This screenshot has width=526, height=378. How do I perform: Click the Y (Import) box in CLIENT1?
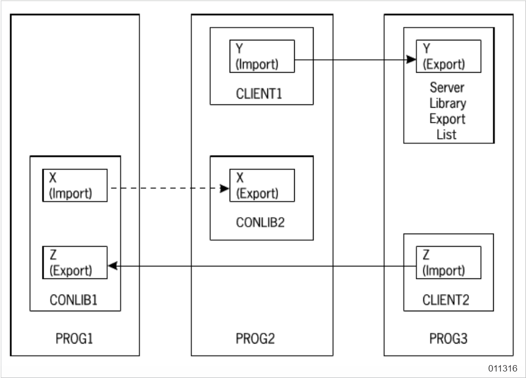coord(262,56)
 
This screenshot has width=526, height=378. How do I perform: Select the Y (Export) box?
coord(448,56)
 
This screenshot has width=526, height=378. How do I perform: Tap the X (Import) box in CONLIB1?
coord(75,185)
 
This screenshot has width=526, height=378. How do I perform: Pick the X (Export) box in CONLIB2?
coord(262,185)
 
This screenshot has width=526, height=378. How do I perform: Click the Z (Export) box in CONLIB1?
coord(75,263)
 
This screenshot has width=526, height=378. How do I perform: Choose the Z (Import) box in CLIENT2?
coord(448,263)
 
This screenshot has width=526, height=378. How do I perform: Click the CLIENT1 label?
coord(259,94)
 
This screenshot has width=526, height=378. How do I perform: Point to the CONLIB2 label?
coord(260,222)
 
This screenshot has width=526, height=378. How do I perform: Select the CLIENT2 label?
coord(446,300)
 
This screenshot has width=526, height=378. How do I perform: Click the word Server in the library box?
coord(447,87)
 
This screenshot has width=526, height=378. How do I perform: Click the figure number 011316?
coord(502,369)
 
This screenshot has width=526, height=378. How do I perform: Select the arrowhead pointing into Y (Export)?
coord(411,57)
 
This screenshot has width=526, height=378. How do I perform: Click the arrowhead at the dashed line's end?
coord(224,188)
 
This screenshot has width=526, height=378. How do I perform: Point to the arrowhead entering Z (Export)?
coord(113,265)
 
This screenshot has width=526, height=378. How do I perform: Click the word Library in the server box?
coord(447,103)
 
